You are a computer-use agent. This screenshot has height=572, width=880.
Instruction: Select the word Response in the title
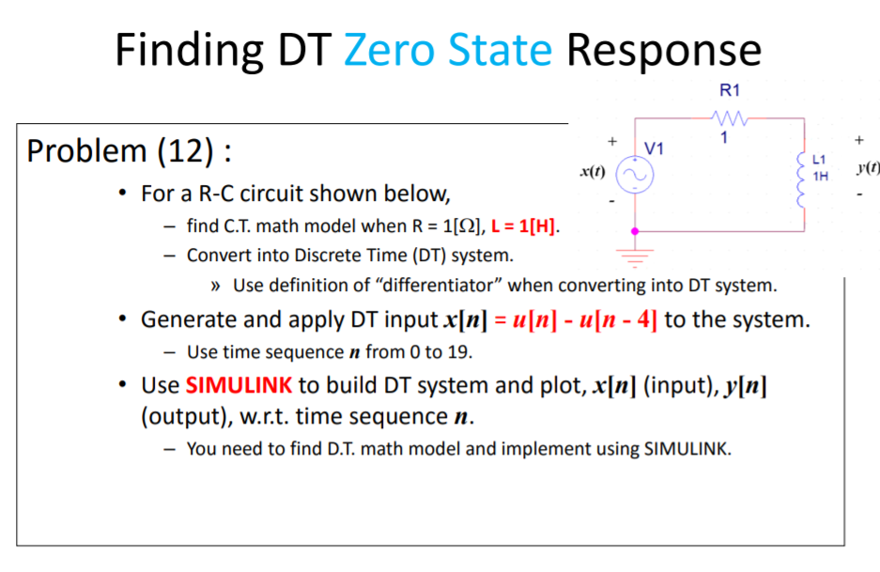(x=663, y=49)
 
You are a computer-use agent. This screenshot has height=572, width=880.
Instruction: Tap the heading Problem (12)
(x=129, y=150)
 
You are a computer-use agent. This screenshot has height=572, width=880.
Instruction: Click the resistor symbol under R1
(x=729, y=119)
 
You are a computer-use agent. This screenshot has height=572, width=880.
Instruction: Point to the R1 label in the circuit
(x=729, y=91)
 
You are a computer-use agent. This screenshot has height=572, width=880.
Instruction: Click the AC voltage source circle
(x=635, y=174)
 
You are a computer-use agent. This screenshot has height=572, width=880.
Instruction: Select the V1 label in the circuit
(x=655, y=148)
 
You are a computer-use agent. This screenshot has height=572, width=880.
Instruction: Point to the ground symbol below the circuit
(x=635, y=253)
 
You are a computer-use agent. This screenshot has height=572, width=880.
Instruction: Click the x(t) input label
(x=592, y=173)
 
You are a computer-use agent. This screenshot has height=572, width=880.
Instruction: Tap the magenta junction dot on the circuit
(x=635, y=230)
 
